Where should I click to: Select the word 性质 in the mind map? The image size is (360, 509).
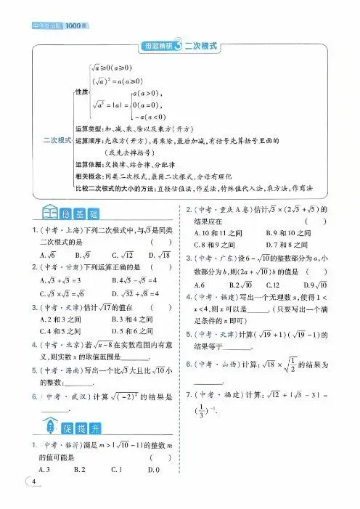point(82,92)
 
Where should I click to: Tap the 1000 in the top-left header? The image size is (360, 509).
point(75,7)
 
